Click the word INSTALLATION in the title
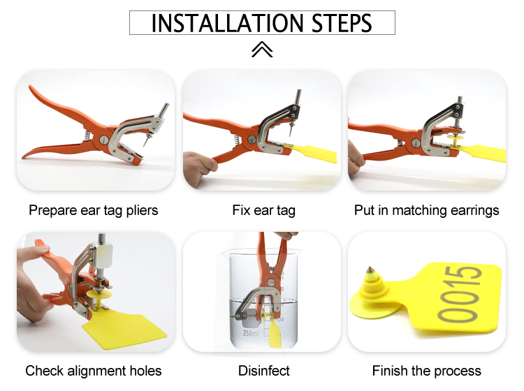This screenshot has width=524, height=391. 227,23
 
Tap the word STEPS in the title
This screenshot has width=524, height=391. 342,23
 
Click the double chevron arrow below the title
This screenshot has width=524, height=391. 262,50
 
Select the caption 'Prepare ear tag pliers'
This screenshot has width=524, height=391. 93,211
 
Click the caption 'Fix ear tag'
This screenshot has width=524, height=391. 263,211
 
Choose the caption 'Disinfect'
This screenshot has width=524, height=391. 264,371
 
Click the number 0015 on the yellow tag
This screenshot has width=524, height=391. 460,295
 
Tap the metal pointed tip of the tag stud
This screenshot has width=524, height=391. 370,270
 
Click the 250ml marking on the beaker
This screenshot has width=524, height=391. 251,333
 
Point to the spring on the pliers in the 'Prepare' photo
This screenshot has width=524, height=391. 87,135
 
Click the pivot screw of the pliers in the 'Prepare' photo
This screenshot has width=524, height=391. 104,140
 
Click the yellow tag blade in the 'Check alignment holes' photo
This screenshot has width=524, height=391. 124,330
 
